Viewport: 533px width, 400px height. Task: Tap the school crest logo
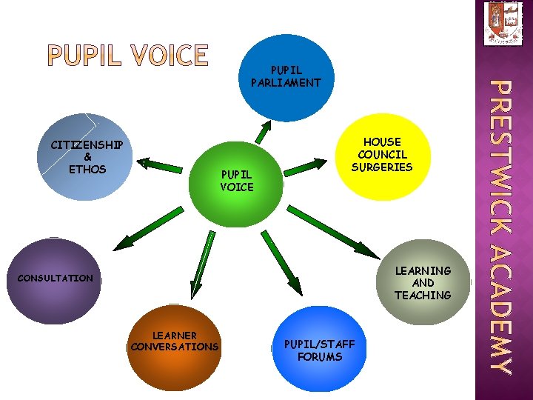[x=503, y=23]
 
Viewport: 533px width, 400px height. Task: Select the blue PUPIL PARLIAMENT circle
[x=286, y=77]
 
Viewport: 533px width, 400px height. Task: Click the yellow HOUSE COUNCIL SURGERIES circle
[x=382, y=155]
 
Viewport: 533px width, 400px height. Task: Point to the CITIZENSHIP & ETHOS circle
[x=87, y=156]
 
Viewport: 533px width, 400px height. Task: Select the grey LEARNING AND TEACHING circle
[x=423, y=283]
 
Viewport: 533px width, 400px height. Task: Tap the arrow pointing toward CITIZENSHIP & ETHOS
[x=162, y=163]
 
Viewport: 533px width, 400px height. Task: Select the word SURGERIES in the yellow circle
[x=382, y=167]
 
